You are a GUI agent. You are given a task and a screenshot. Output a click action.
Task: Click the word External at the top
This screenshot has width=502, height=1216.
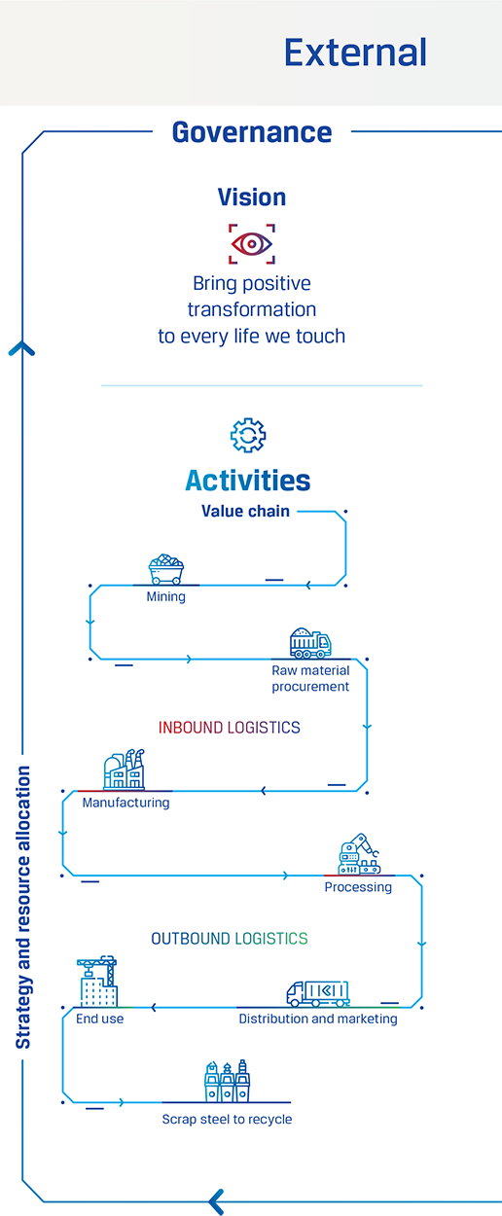(355, 53)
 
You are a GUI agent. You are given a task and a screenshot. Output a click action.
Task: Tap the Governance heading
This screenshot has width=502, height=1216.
(252, 132)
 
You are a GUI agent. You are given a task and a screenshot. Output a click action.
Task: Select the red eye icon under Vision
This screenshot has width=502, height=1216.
(251, 244)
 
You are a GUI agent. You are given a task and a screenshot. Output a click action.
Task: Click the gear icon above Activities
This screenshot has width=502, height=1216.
(248, 435)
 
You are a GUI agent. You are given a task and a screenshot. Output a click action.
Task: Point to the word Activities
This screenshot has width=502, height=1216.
(248, 481)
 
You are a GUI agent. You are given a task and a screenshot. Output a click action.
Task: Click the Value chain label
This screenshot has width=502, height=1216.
(245, 511)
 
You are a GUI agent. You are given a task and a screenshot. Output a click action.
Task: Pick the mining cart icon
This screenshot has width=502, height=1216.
(166, 569)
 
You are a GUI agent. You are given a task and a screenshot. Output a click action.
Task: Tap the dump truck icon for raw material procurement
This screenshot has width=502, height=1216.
(310, 643)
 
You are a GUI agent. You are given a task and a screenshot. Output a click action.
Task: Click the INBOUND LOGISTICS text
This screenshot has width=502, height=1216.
(229, 728)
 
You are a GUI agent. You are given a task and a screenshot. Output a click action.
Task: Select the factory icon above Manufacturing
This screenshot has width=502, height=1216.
(125, 769)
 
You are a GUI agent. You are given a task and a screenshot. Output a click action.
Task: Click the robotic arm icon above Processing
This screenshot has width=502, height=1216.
(359, 854)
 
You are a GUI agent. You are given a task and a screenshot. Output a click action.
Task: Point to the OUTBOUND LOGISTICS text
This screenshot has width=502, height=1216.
(230, 939)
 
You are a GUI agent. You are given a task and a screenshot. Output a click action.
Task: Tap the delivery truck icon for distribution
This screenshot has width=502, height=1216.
(318, 993)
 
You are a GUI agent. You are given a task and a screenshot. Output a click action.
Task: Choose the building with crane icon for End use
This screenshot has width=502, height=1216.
(97, 982)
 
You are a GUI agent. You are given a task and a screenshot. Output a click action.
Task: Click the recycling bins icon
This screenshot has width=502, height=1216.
(228, 1081)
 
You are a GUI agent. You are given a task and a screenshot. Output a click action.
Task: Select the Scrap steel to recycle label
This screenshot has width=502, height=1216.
(227, 1120)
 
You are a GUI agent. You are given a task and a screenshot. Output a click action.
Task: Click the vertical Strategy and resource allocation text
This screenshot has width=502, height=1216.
(22, 907)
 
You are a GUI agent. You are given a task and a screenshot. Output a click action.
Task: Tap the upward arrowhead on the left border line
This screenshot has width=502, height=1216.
(21, 348)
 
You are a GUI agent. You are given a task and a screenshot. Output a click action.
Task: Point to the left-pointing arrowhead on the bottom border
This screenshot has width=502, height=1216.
(217, 1201)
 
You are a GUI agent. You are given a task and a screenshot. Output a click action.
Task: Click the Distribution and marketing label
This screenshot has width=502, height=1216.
(318, 1019)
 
